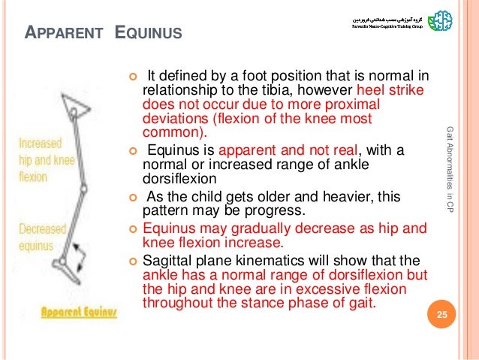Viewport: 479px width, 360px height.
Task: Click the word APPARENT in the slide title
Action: pyautogui.click(x=57, y=34)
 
